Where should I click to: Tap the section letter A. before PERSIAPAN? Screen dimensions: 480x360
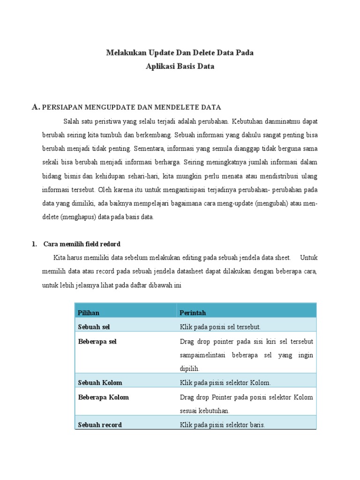coord(36,107)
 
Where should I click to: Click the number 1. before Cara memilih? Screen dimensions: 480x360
coord(34,244)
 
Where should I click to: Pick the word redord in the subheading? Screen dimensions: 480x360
coord(110,244)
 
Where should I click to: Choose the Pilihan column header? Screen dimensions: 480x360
coord(89,313)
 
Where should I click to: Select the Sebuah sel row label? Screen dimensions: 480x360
coord(94,327)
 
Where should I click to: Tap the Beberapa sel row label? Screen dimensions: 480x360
coord(97,342)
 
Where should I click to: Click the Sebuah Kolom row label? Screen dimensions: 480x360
coord(100,383)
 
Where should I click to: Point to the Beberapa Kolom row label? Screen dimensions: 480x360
coord(103,397)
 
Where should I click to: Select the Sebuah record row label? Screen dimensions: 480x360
coord(100,425)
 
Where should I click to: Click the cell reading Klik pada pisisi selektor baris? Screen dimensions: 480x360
coord(222,425)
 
